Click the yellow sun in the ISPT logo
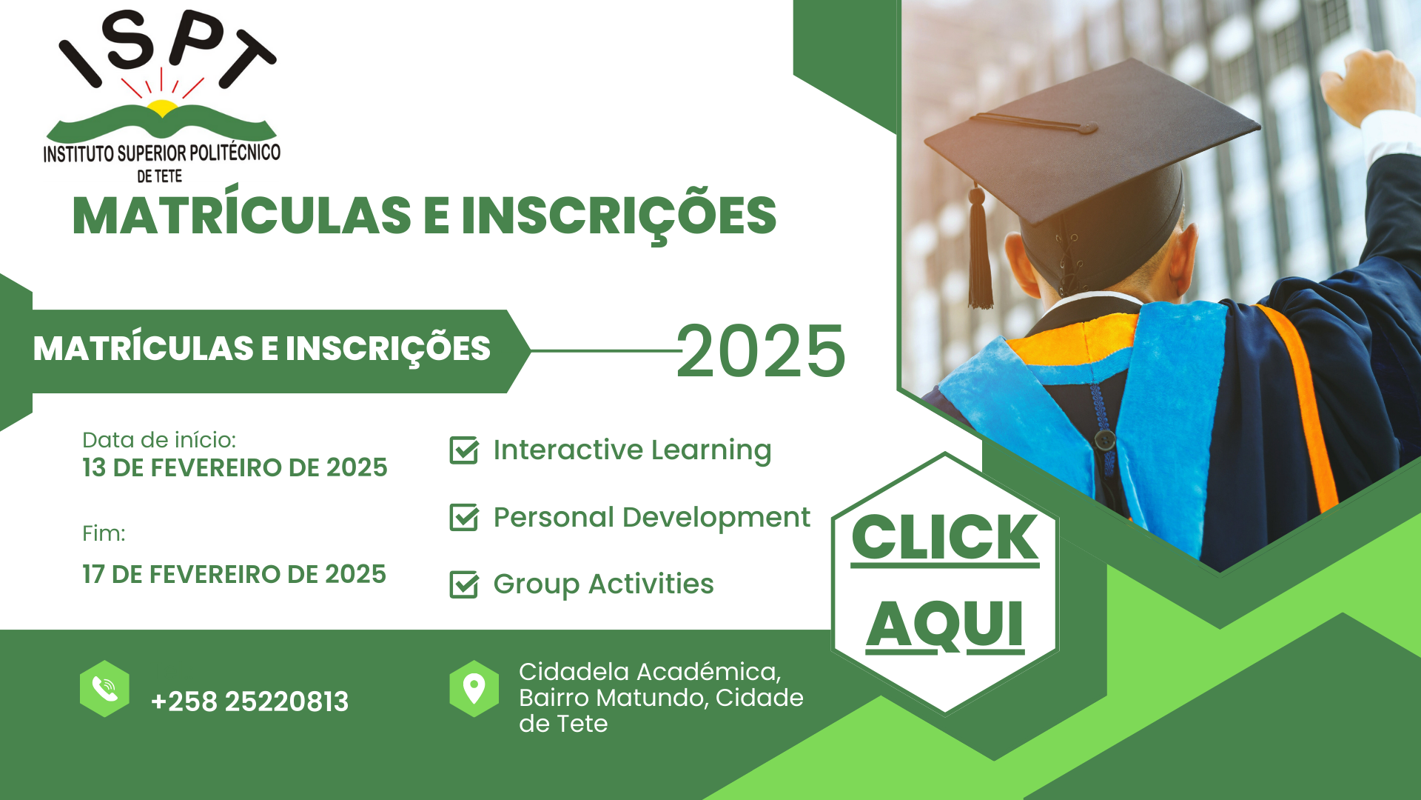click(162, 110)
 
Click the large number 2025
click(761, 351)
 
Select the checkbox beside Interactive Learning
click(464, 450)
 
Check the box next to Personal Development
click(464, 517)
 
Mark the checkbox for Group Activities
click(464, 584)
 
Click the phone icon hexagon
click(104, 689)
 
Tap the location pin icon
click(474, 689)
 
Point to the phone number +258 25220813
click(249, 701)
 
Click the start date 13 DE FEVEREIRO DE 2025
click(235, 467)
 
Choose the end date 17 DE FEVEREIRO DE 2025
click(234, 574)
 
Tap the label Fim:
click(104, 533)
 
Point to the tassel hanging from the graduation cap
click(980, 248)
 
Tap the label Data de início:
click(159, 440)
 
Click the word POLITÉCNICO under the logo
click(235, 153)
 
